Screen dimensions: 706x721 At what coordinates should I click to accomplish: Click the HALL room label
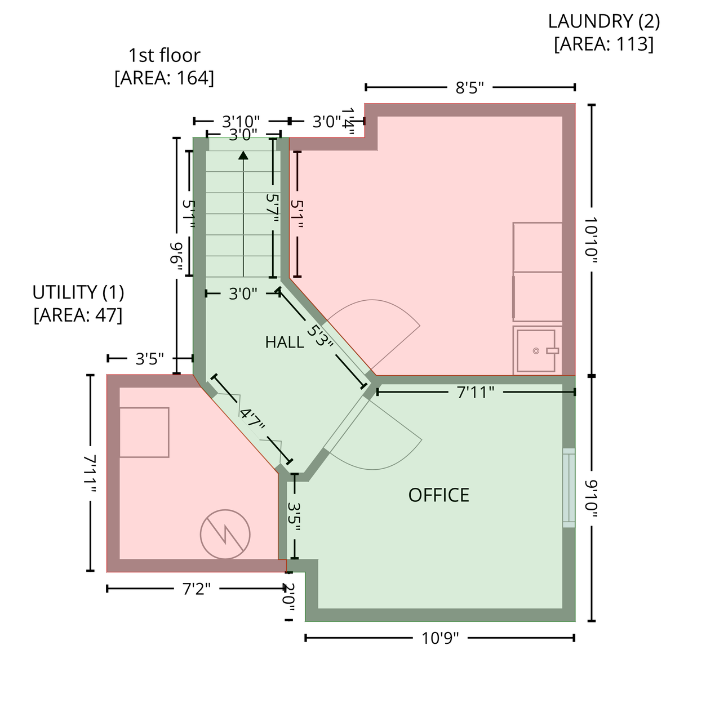pyautogui.click(x=285, y=342)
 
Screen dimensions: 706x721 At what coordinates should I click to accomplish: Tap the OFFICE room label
pyautogui.click(x=438, y=495)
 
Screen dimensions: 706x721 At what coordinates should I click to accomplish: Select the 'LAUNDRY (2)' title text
pyautogui.click(x=604, y=21)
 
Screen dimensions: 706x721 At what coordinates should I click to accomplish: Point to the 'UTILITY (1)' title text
pyautogui.click(x=78, y=292)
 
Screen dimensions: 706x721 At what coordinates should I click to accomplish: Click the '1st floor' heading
pyautogui.click(x=165, y=55)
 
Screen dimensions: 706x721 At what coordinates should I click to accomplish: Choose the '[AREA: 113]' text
pyautogui.click(x=604, y=44)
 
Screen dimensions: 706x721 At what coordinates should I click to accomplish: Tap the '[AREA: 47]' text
pyautogui.click(x=78, y=315)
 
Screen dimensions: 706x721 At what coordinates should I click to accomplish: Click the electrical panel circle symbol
pyautogui.click(x=225, y=535)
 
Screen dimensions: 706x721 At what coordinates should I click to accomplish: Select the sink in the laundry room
pyautogui.click(x=536, y=350)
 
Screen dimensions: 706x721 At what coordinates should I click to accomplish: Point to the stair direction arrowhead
pyautogui.click(x=243, y=155)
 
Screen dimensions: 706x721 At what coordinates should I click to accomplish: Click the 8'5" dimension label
pyautogui.click(x=469, y=88)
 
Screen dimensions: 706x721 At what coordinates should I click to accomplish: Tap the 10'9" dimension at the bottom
pyautogui.click(x=440, y=638)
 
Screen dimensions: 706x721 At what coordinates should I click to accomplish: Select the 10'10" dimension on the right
pyautogui.click(x=591, y=241)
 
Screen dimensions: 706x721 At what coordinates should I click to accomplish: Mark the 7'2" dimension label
pyautogui.click(x=196, y=589)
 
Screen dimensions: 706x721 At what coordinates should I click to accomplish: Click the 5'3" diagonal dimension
pyautogui.click(x=319, y=336)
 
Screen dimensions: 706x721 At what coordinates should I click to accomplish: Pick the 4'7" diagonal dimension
pyautogui.click(x=252, y=420)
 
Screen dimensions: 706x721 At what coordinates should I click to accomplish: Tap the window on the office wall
pyautogui.click(x=569, y=488)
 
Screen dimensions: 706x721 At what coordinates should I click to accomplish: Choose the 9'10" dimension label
pyautogui.click(x=591, y=499)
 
